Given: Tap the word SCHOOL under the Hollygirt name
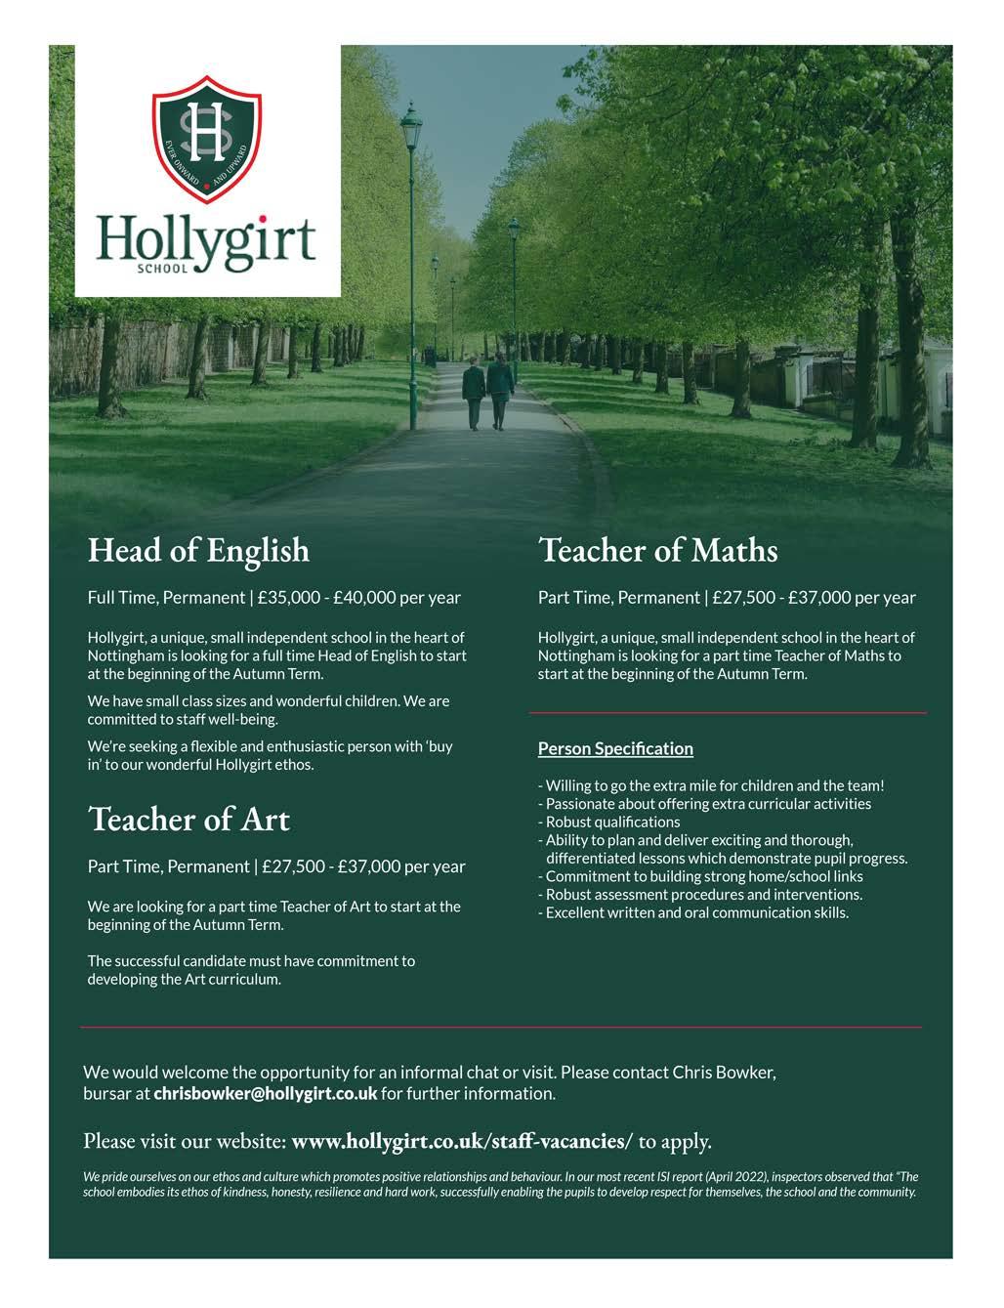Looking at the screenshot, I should [160, 266].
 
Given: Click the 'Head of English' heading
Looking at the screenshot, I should [198, 550].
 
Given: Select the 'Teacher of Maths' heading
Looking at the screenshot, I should [658, 550].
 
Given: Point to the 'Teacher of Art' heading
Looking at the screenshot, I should [189, 819].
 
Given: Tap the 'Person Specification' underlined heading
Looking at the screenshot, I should [615, 749].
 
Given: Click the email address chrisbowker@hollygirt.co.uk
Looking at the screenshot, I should [265, 1093].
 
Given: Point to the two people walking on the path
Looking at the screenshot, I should [487, 392].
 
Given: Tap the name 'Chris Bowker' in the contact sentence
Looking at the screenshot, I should [724, 1072].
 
